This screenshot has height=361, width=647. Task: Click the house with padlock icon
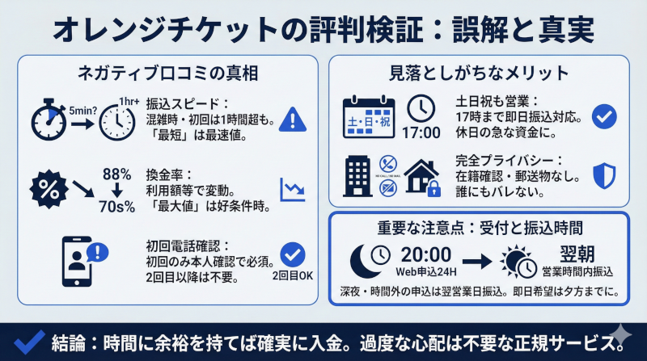[421, 180]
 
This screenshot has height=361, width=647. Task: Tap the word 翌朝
[577, 252]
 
